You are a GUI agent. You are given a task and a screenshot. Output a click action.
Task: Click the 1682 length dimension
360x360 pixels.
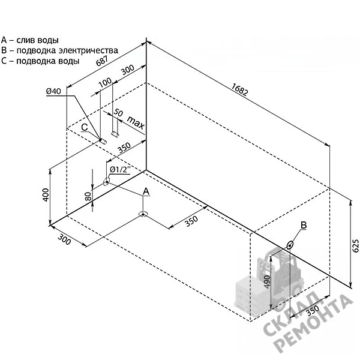[239, 89]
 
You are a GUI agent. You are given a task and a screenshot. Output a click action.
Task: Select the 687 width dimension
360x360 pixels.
[102, 61]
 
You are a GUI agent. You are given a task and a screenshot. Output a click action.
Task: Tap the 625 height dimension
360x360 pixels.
[355, 245]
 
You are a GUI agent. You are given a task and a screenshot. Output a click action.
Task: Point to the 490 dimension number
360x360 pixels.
[267, 282]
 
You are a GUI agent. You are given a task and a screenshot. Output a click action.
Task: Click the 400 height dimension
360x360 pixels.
[46, 195]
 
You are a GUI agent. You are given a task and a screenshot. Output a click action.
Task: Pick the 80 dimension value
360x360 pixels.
[88, 196]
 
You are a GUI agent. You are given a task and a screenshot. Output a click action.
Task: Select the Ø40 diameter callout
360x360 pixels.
[54, 91]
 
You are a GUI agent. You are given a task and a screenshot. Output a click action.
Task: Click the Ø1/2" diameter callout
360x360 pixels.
[120, 169]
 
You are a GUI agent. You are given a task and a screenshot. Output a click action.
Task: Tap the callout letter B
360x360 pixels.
[304, 225]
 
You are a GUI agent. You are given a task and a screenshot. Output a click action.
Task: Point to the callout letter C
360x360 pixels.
[85, 127]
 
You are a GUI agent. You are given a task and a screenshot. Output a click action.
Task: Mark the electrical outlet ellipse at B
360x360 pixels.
[290, 245]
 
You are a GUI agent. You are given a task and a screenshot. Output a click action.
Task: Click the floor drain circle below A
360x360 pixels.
[143, 214]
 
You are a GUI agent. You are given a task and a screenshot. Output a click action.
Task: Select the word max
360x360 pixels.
[136, 123]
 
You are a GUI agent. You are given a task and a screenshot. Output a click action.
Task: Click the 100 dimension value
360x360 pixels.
[105, 82]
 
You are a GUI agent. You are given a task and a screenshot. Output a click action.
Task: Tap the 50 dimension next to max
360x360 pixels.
[118, 112]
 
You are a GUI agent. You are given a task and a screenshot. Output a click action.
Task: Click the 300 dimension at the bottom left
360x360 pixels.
[64, 239]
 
